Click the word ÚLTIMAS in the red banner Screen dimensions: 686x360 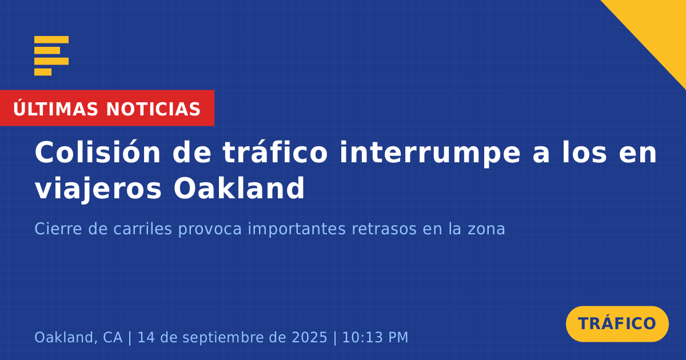(55, 109)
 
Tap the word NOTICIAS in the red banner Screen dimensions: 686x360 (153, 109)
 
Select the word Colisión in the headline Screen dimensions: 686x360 (97, 152)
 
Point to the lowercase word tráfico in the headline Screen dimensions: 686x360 (275, 152)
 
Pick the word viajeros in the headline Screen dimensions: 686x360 (98, 189)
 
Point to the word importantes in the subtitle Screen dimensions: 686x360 (297, 229)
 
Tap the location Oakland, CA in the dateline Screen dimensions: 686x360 (78, 338)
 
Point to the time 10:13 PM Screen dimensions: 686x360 (375, 338)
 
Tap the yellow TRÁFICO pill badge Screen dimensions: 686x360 (617, 324)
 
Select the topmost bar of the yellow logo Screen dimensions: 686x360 (51, 40)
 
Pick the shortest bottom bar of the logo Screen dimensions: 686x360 (43, 72)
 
